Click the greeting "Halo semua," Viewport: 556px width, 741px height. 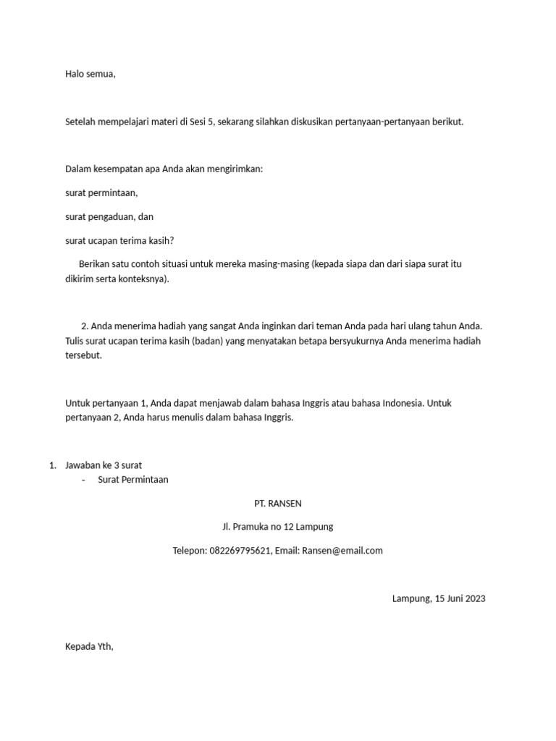tap(90, 75)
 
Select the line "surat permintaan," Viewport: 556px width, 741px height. tap(101, 193)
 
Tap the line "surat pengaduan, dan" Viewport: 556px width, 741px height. tap(109, 216)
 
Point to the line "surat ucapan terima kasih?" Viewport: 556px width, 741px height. tap(119, 240)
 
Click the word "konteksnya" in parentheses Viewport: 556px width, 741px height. tap(142, 279)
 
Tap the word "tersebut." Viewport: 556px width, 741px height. tap(84, 356)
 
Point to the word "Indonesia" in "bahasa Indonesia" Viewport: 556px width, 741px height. tap(400, 403)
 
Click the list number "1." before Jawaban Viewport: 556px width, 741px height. tap(53, 465)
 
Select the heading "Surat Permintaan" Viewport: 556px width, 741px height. tap(133, 480)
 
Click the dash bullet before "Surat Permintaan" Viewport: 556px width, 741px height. tap(85, 480)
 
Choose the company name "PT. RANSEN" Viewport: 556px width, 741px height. tap(277, 503)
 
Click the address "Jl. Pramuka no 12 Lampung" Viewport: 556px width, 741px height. tap(277, 527)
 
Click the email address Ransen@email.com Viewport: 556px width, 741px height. tap(342, 551)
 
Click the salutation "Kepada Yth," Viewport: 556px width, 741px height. tap(90, 646)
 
